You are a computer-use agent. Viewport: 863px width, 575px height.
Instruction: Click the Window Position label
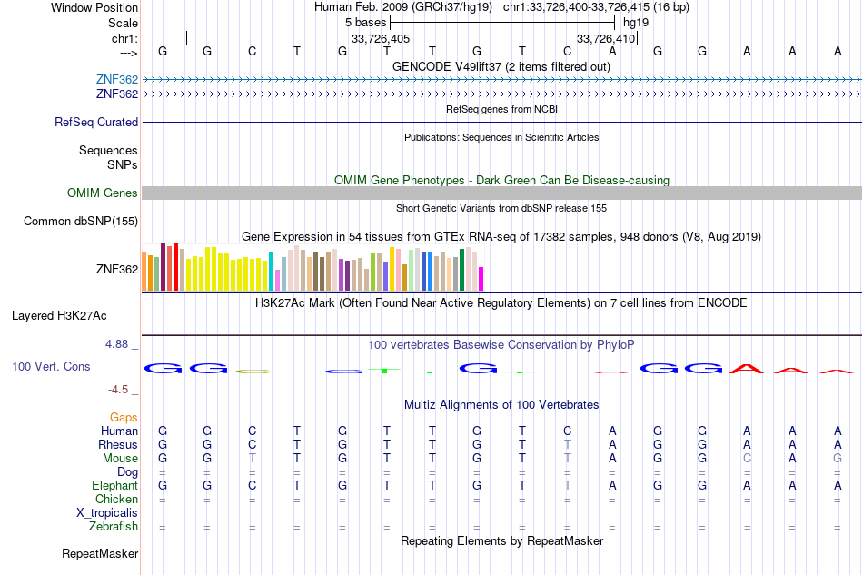click(x=94, y=7)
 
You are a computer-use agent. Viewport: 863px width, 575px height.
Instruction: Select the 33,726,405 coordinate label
click(x=381, y=38)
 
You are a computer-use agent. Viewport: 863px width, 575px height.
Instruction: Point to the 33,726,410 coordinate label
click(x=606, y=38)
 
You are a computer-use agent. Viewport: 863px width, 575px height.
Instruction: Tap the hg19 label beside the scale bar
click(x=636, y=23)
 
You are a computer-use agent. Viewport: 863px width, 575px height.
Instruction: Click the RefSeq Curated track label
click(x=96, y=122)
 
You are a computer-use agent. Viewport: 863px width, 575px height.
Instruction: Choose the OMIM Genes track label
click(x=103, y=193)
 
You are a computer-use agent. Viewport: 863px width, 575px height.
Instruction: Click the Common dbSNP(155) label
click(x=81, y=222)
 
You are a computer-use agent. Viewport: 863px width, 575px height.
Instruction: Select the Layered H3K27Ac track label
click(x=59, y=316)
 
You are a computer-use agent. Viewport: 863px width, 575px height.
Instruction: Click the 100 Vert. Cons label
click(x=51, y=366)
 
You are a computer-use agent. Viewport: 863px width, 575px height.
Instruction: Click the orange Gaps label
click(x=124, y=418)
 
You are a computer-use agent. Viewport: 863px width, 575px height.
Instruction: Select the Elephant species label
click(x=115, y=486)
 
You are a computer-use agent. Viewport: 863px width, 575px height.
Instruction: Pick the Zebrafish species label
click(x=114, y=527)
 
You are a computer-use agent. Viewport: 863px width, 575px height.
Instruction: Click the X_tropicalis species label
click(x=107, y=513)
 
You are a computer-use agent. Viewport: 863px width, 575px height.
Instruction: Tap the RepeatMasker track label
click(x=100, y=553)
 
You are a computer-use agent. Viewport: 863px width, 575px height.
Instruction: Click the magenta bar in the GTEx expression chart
click(x=481, y=279)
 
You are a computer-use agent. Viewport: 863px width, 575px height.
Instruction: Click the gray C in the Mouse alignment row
click(x=747, y=459)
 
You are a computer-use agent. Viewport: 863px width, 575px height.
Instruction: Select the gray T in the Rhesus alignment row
click(x=568, y=444)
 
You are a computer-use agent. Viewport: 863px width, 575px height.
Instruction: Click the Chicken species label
click(x=116, y=499)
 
